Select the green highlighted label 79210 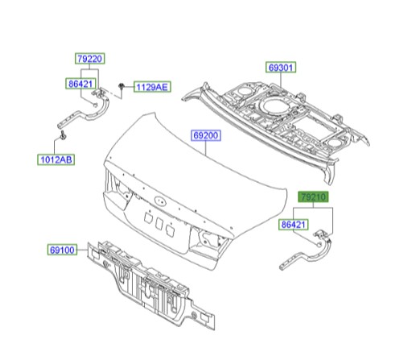[x=313, y=196]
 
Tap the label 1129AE [x=151, y=86]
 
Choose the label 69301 [x=282, y=69]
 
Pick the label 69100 [x=63, y=250]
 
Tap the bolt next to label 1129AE [x=120, y=85]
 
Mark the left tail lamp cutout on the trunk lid [x=117, y=193]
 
